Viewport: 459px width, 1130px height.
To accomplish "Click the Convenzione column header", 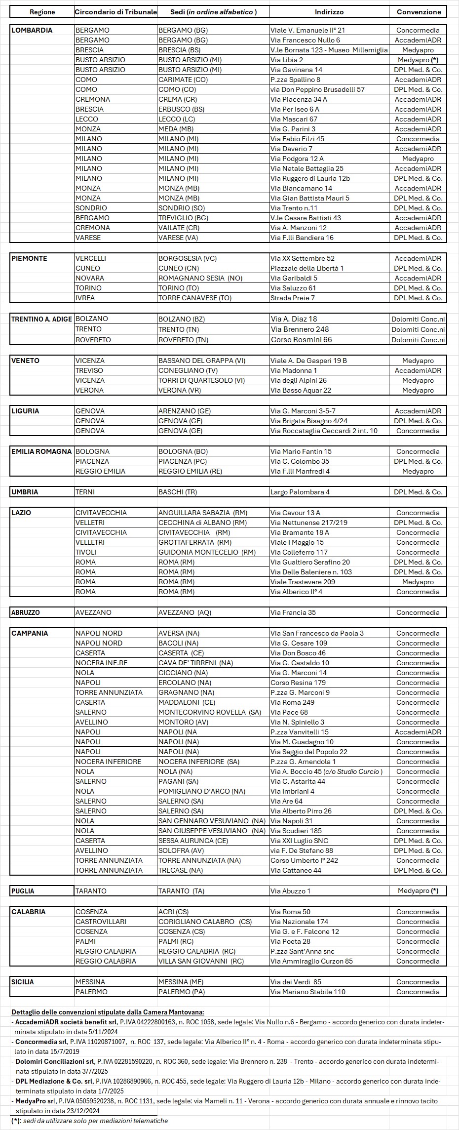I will [419, 12].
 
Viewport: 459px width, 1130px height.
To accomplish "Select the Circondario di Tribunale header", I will [116, 12].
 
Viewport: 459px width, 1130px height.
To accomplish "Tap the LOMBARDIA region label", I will [32, 30].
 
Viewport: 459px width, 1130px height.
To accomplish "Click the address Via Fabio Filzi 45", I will [297, 139].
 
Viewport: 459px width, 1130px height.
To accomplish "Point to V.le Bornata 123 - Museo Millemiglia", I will [329, 50].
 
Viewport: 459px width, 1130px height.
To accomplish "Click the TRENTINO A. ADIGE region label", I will [41, 319].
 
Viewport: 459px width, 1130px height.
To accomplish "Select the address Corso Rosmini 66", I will [301, 340].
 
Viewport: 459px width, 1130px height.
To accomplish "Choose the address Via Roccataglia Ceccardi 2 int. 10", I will [324, 431].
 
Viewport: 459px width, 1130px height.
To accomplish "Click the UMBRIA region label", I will [25, 492].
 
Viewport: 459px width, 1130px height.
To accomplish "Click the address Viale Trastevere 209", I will [303, 582].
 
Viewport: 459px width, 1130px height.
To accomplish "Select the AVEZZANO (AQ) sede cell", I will [185, 612].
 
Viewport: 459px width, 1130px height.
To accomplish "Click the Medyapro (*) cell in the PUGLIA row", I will [418, 891].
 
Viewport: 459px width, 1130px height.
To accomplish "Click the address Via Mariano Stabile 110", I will [307, 992].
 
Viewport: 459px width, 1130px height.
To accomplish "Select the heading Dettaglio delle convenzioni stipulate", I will [108, 1012].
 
